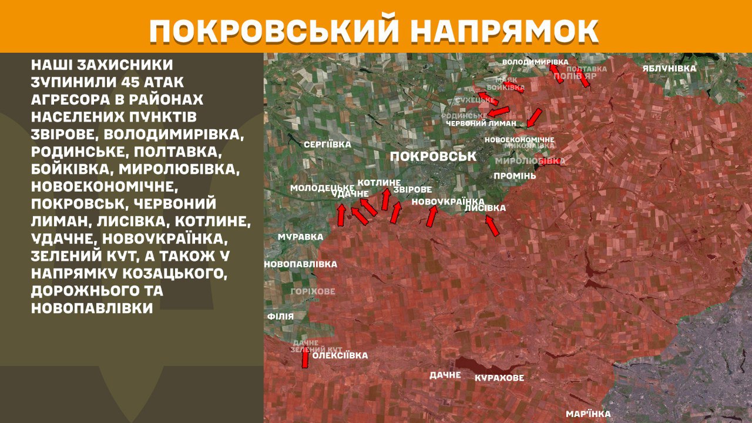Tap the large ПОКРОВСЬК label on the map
tap(433, 156)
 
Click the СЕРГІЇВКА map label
tap(327, 144)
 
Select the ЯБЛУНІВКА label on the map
tap(669, 68)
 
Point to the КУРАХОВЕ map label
tap(499, 378)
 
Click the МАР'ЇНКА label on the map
tap(588, 414)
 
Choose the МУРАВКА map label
tap(300, 237)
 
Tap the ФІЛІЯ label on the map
tap(280, 316)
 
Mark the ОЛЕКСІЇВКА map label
tap(340, 355)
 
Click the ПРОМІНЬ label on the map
tap(515, 176)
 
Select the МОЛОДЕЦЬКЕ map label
tap(322, 187)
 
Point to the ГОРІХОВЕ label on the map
tap(313, 291)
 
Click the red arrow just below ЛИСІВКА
tap(492, 226)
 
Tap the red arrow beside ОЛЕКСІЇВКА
tap(305, 358)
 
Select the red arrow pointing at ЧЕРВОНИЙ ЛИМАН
tap(534, 117)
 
